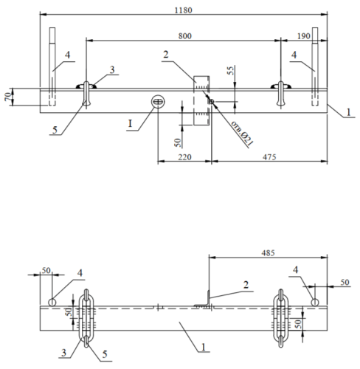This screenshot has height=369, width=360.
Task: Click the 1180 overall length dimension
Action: tap(183, 10)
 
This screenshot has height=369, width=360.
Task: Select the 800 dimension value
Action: tap(184, 36)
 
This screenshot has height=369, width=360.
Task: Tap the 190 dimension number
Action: tap(304, 36)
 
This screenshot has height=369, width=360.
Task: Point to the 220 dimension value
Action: tap(184, 157)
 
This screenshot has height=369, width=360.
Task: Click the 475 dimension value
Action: tap(269, 157)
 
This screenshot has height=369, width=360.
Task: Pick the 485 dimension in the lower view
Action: tap(268, 253)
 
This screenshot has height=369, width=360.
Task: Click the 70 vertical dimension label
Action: tap(7, 97)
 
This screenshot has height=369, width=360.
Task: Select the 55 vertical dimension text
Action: tap(231, 71)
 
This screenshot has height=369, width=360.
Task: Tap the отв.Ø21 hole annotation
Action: tap(242, 134)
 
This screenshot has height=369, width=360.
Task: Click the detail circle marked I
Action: tap(158, 102)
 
